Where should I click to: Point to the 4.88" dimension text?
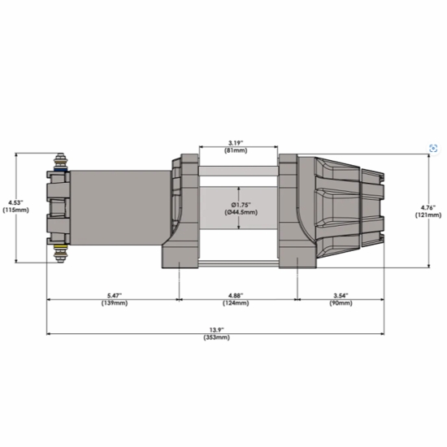(x=237, y=294)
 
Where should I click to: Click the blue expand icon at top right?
(x=433, y=148)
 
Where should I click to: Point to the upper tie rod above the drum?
(x=239, y=171)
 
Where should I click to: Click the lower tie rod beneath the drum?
(x=239, y=263)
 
